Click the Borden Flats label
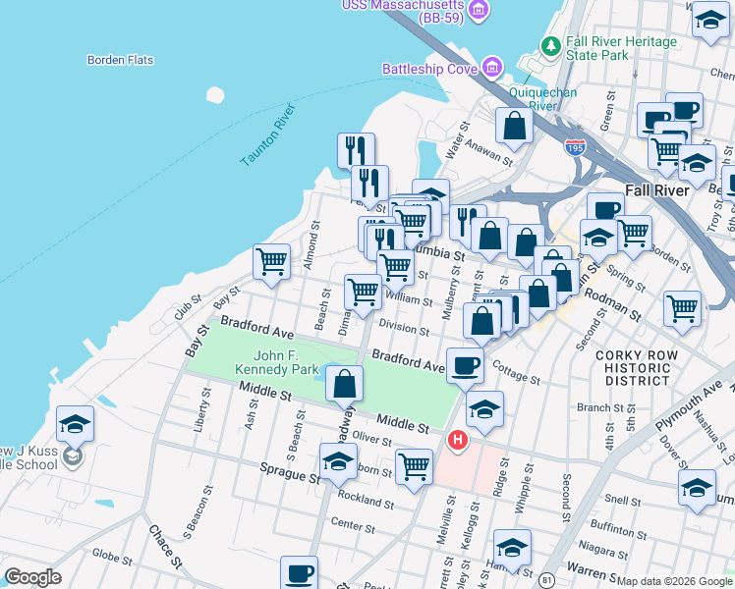pyautogui.click(x=120, y=60)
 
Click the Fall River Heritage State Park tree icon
pyautogui.click(x=551, y=45)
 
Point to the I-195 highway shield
pyautogui.click(x=577, y=147)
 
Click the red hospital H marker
pyautogui.click(x=457, y=441)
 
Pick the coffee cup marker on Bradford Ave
pyautogui.click(x=466, y=365)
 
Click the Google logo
pyautogui.click(x=31, y=577)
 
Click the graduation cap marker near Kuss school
pyautogui.click(x=75, y=424)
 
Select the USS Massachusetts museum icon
pyautogui.click(x=480, y=11)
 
